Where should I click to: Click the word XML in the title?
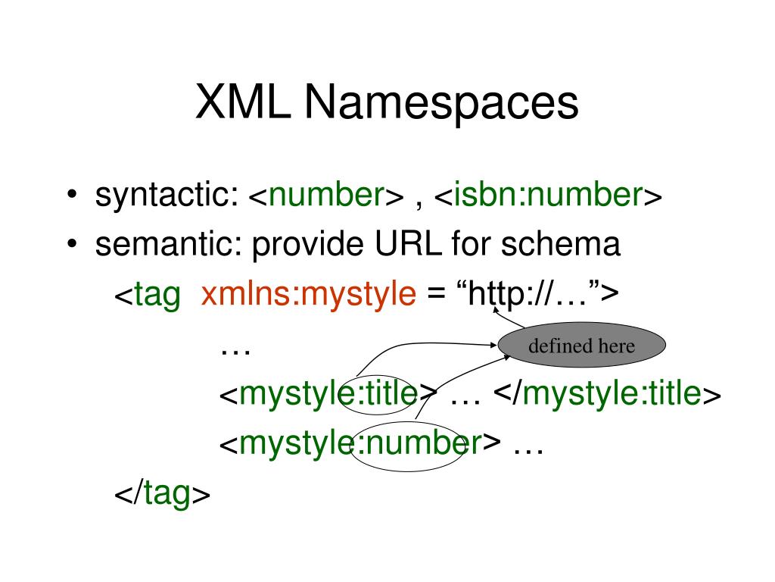click(x=244, y=103)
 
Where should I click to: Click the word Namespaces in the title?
click(x=441, y=105)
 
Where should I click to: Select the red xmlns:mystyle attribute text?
click(x=309, y=294)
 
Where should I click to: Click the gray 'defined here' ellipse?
click(x=581, y=347)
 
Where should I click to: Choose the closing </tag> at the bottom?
click(x=162, y=494)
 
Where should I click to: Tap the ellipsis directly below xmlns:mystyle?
click(x=235, y=349)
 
